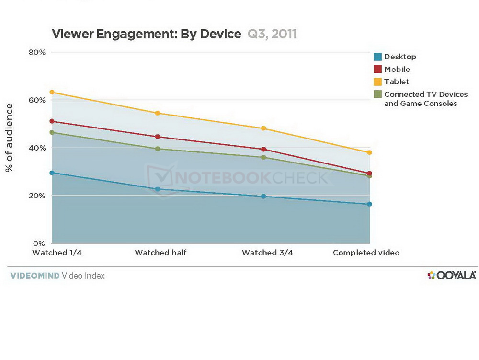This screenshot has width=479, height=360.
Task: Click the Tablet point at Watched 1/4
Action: [52, 92]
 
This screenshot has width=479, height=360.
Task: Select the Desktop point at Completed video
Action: [369, 204]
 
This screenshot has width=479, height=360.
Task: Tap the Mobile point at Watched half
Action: [158, 137]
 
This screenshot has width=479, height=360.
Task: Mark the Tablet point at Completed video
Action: [369, 152]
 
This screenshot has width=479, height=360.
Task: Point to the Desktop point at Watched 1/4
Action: [52, 173]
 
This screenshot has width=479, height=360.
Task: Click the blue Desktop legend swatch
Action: [378, 57]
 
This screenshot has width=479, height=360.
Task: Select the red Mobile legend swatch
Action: [378, 69]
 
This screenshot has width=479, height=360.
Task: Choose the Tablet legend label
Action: [397, 81]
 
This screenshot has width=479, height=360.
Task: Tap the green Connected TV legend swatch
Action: [378, 94]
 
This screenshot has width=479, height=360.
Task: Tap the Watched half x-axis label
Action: [160, 253]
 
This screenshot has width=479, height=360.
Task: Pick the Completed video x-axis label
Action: [366, 253]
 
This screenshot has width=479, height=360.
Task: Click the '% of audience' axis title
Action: [9, 138]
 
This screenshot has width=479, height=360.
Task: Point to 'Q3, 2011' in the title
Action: [272, 34]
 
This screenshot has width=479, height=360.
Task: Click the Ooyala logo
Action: [451, 275]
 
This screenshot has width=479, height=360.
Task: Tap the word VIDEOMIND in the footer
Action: [34, 276]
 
